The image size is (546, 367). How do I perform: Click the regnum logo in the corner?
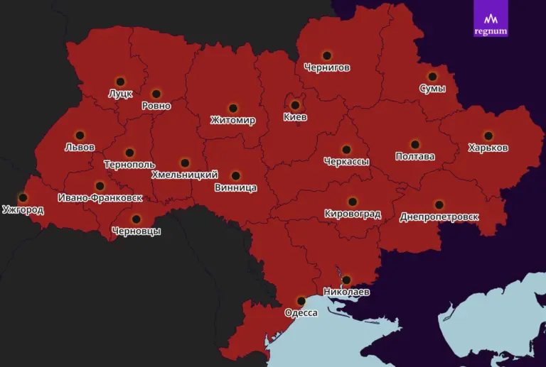[491, 18]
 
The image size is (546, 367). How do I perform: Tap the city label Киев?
[295, 117]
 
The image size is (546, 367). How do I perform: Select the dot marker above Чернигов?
[327, 55]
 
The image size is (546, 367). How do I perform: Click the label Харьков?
[488, 148]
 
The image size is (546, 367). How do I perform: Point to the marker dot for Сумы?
[432, 77]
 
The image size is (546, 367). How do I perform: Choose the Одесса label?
[301, 313]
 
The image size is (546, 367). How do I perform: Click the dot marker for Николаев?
[346, 280]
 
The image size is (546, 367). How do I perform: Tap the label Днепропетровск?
[439, 217]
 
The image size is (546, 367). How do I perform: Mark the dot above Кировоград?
[352, 202]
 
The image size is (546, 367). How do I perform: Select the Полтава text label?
[414, 156]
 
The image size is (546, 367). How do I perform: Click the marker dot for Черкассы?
[346, 150]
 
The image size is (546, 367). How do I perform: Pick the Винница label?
[235, 188]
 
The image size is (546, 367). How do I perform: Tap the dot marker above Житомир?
[232, 109]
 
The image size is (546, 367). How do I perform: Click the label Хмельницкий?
[185, 175]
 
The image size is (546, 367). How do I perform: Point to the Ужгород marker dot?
[23, 198]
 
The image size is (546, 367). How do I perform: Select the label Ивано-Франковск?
[100, 197]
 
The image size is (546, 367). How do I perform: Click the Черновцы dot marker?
[136, 219]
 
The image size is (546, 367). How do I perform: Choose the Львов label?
[80, 148]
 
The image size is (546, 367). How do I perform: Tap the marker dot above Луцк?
[120, 82]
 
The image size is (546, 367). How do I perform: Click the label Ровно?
[156, 106]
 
